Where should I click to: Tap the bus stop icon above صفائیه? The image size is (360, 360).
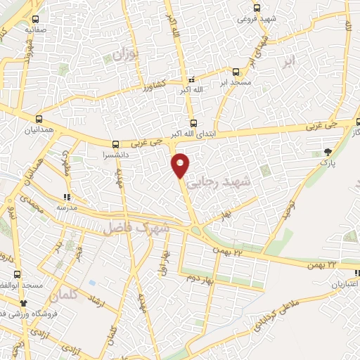[x=35, y=18]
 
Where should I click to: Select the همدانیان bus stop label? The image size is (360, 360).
[x=39, y=131]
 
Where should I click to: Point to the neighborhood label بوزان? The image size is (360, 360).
[x=122, y=53]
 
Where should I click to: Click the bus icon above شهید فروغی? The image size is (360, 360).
[x=257, y=8]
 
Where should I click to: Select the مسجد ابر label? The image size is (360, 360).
[x=236, y=82]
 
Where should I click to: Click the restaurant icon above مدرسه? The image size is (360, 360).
[x=67, y=198]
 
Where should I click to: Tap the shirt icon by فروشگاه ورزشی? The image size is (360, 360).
[x=25, y=303]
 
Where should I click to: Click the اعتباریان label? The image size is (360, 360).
[x=345, y=285]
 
